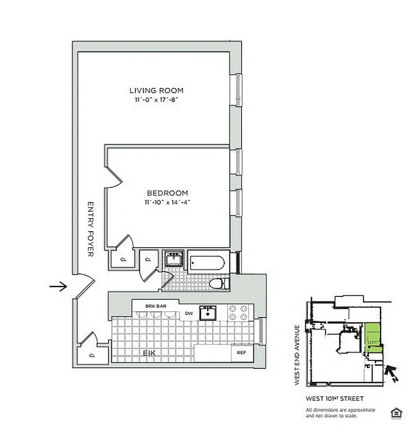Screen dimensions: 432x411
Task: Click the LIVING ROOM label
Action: (156, 91)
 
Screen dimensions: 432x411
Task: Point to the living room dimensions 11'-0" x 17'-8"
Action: (156, 100)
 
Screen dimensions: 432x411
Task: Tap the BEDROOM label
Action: (167, 193)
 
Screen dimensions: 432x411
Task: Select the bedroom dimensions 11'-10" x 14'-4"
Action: (167, 202)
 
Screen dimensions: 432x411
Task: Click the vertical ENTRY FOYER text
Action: (91, 229)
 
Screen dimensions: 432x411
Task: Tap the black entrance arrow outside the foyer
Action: (58, 286)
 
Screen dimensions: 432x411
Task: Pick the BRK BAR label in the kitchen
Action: (155, 306)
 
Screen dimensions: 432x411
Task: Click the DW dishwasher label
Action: (189, 313)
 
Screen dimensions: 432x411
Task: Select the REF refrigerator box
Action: (241, 353)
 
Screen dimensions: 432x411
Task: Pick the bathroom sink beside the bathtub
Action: (174, 260)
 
